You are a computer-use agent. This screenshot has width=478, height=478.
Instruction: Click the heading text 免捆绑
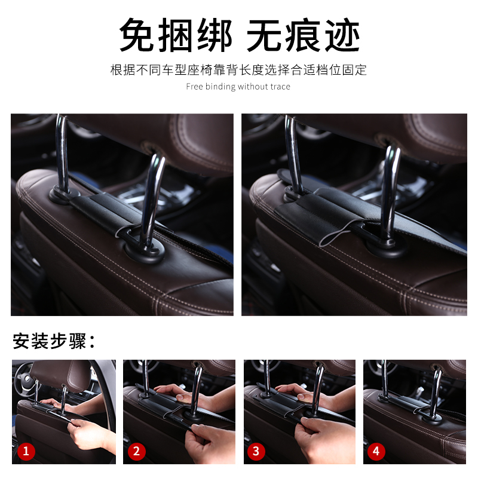[x=176, y=35]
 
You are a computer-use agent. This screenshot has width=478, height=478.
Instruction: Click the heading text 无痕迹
[x=304, y=35]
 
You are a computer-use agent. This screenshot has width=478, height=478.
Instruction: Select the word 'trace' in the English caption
[x=280, y=87]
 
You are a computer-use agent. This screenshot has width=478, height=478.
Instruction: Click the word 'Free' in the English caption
[x=195, y=87]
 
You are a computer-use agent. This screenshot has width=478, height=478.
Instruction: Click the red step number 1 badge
[x=26, y=451]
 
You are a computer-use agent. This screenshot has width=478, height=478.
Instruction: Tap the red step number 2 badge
[x=137, y=451]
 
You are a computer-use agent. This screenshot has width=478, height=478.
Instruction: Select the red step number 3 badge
[x=256, y=451]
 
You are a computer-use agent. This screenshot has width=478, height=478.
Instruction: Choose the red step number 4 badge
[x=376, y=451]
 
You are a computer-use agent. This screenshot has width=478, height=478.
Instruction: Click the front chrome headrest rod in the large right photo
[x=391, y=192]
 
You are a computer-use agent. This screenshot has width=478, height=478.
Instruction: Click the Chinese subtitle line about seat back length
[x=238, y=70]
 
